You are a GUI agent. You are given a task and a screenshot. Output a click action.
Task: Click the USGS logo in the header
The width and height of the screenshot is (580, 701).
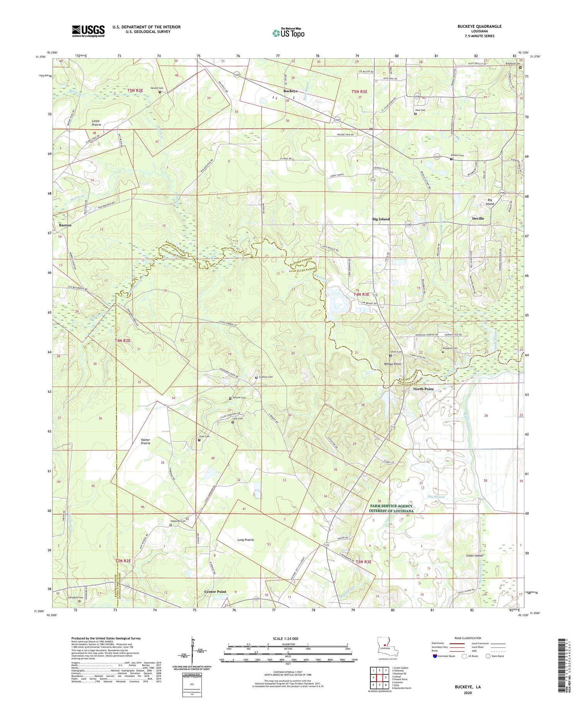click(x=88, y=31)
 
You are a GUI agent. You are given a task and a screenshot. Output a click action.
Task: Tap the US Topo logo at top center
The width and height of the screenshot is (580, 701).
click(x=288, y=33)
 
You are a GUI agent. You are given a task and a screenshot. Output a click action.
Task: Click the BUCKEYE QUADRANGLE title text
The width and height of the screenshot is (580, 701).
click(x=479, y=26)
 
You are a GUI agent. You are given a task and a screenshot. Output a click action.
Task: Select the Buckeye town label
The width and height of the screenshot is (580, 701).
click(x=290, y=91)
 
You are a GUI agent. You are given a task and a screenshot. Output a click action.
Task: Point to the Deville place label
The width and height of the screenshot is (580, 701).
click(x=478, y=218)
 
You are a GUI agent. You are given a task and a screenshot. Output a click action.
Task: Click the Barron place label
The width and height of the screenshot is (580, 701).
click(x=65, y=225)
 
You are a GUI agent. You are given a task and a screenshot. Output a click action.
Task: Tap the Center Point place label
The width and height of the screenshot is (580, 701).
click(x=215, y=592)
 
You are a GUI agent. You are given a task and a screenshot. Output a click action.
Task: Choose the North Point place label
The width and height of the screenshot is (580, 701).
click(x=423, y=389)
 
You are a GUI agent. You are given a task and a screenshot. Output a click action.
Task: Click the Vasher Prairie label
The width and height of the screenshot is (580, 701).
click(x=145, y=442)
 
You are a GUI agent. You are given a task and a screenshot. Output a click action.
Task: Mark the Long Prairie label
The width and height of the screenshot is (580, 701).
click(x=246, y=539)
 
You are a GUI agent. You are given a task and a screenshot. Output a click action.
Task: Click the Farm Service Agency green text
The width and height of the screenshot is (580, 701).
click(x=391, y=508)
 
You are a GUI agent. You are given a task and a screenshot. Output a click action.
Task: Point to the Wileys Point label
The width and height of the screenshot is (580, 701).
click(x=392, y=364)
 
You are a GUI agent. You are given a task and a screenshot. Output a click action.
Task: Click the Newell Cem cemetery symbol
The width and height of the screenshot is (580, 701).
click(x=160, y=92)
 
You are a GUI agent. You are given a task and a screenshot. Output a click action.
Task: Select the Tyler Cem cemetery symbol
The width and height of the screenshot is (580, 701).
click(x=200, y=440)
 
